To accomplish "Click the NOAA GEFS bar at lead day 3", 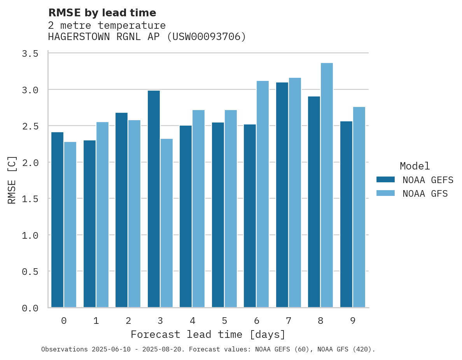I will click(154, 199).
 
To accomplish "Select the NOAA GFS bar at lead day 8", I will click(327, 185).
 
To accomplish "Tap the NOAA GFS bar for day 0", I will click(70, 224).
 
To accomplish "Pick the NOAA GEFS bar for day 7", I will click(282, 195).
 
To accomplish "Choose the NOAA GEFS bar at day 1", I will click(89, 224).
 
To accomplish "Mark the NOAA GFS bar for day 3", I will click(166, 223).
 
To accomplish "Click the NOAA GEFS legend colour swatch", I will click(385, 180).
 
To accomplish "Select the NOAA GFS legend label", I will click(425, 194).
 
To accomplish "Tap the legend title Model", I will click(415, 166).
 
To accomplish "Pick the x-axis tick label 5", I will click(224, 321).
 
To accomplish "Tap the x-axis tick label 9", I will click(353, 321).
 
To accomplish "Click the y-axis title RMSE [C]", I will click(12, 180).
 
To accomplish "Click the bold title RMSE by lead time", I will click(102, 13).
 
